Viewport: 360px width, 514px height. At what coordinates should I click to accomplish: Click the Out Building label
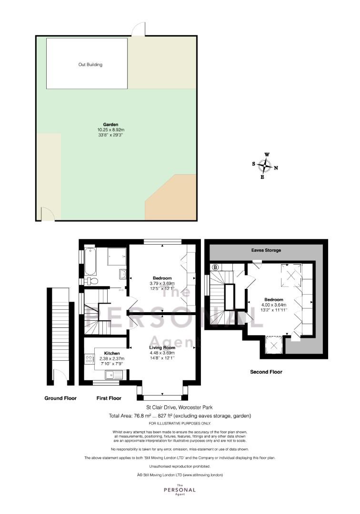[x=90, y=65]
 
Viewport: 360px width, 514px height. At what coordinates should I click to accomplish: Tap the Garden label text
[x=110, y=125]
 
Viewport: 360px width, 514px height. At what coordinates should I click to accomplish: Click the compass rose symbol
[x=265, y=166]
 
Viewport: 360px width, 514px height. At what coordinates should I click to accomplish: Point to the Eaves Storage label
[x=266, y=250]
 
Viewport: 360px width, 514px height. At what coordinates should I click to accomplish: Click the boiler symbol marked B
[x=215, y=267]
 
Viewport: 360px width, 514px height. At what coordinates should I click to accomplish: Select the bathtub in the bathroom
[x=90, y=262]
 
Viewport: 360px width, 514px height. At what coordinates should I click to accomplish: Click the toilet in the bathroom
[x=90, y=281]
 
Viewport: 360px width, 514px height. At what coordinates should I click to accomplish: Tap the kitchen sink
[x=113, y=375]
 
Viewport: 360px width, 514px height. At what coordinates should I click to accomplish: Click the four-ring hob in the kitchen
[x=89, y=359]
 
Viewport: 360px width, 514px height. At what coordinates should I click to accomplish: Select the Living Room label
[x=162, y=347]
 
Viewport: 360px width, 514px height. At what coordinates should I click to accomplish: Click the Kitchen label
[x=112, y=353]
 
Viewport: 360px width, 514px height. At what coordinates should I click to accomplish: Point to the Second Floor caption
[x=266, y=372]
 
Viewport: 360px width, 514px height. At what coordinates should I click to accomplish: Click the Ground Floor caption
[x=60, y=398]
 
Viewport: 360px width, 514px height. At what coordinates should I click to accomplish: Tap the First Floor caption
[x=109, y=398]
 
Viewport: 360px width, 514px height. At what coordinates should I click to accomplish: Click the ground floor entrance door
[x=60, y=376]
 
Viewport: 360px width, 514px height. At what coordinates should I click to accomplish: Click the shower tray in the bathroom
[x=116, y=257]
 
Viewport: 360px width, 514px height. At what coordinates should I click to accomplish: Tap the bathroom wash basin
[x=123, y=274]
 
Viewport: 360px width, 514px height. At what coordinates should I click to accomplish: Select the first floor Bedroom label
[x=162, y=278]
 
